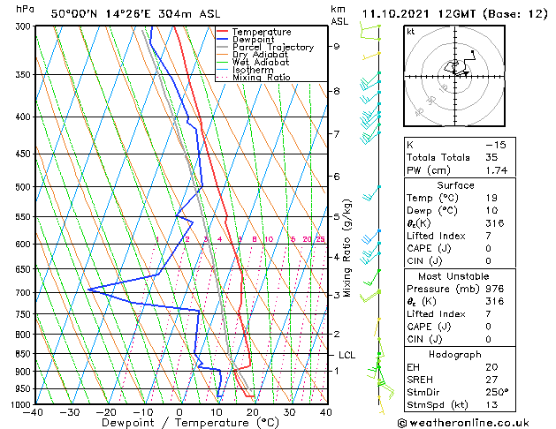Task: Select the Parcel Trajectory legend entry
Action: [x=272, y=48]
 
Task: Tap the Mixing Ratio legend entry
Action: [x=262, y=78]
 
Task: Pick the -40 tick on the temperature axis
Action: [x=34, y=412]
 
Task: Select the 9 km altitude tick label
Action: [x=337, y=46]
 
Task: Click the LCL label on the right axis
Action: [x=347, y=355]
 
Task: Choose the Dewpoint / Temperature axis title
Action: [x=178, y=423]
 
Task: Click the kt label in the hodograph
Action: [x=410, y=32]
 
